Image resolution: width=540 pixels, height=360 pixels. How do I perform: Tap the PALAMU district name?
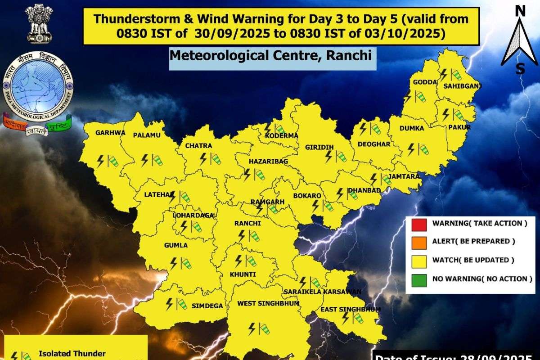tap(147, 135)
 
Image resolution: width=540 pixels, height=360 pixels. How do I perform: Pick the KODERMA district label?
tap(282, 135)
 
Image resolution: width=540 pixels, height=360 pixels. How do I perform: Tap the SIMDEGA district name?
tap(207, 306)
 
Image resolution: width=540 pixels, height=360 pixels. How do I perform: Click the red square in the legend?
tap(418, 223)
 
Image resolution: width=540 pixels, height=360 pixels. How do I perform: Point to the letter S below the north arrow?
tap(520, 69)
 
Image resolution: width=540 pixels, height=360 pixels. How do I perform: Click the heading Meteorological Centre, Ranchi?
tap(271, 56)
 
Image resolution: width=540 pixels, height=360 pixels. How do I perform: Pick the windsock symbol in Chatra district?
tap(216, 159)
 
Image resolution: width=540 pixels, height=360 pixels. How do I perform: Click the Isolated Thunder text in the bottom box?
tap(72, 354)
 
